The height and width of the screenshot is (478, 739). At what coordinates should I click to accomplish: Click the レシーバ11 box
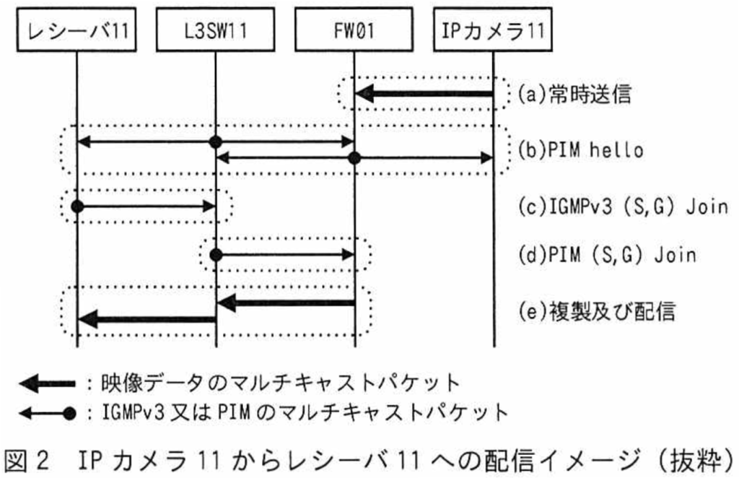point(76,29)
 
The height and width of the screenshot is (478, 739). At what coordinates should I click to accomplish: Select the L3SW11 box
point(215,29)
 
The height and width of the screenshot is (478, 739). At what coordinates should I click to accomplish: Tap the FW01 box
point(354,29)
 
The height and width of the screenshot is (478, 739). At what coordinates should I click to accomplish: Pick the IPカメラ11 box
point(492,29)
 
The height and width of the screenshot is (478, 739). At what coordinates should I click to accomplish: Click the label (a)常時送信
point(574,94)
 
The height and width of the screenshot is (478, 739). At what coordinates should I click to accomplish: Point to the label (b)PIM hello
point(581,150)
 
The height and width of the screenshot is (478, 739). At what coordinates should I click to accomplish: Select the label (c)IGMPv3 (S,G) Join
point(623,207)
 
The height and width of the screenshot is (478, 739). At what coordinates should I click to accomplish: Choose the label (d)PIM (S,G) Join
point(607,255)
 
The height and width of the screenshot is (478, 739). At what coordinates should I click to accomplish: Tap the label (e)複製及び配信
point(597,311)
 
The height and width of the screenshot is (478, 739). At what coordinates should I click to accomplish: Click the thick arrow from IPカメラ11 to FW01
point(424,94)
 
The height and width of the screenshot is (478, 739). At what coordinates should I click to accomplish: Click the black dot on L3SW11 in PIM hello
point(215,142)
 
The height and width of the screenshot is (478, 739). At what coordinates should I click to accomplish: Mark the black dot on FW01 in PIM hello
point(354,158)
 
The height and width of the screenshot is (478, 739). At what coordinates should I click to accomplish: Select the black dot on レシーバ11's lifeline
point(76,207)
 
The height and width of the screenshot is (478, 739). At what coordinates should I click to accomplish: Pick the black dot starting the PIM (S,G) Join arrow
point(215,255)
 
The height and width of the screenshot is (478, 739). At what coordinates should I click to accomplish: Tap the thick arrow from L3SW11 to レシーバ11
point(147,320)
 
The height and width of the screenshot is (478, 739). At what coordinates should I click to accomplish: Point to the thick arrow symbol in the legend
point(47,383)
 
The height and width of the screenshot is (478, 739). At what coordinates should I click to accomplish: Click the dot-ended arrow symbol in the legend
point(47,414)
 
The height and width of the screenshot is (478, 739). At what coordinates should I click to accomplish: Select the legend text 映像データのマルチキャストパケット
point(280,383)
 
